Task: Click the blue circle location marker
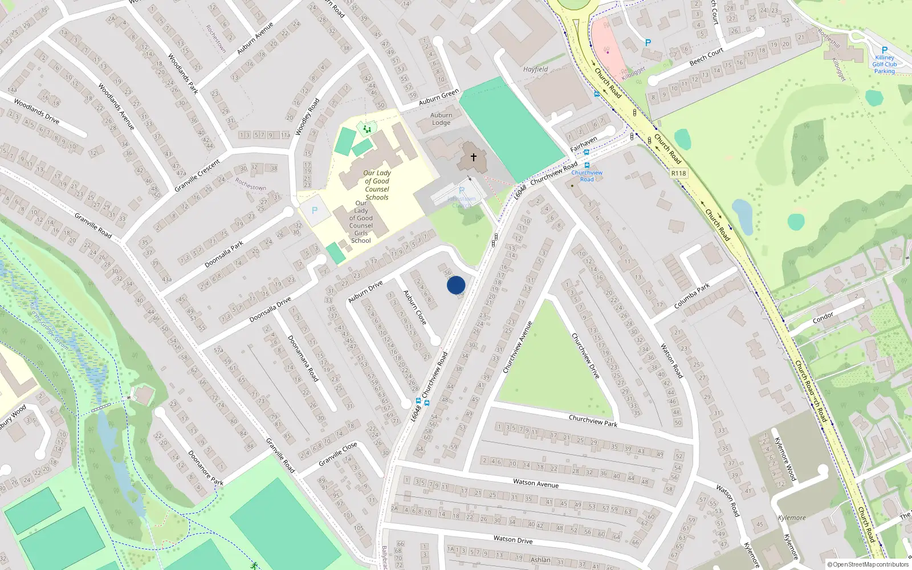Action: coord(456,285)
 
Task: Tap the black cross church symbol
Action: coord(473,157)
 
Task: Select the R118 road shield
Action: coord(678,173)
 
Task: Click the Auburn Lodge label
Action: coord(441,119)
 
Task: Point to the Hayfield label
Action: coord(535,69)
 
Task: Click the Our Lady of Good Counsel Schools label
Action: coord(377,185)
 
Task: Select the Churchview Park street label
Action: coord(593,421)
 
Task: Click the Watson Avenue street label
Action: coord(535,483)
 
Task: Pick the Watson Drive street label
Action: coord(513,539)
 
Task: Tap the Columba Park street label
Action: coord(692,296)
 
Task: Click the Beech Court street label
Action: coord(706,56)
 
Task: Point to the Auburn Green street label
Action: coord(438,97)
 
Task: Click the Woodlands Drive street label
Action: coord(36,111)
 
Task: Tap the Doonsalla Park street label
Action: coord(224,254)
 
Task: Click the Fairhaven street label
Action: coord(584,144)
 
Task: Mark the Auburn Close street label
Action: coord(414,307)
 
